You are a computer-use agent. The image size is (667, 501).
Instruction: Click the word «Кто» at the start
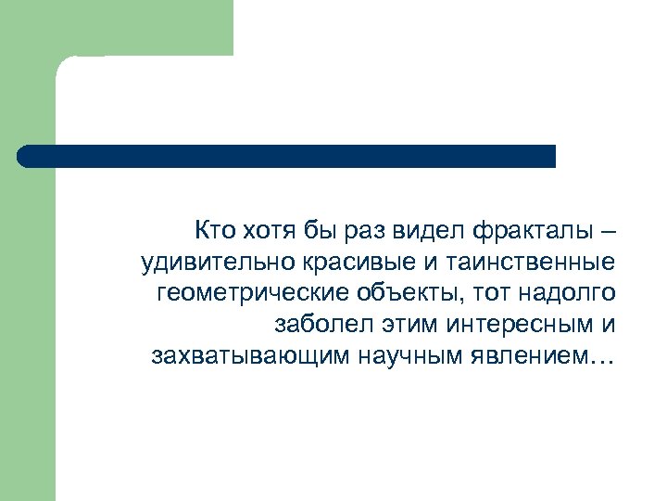(215, 229)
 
